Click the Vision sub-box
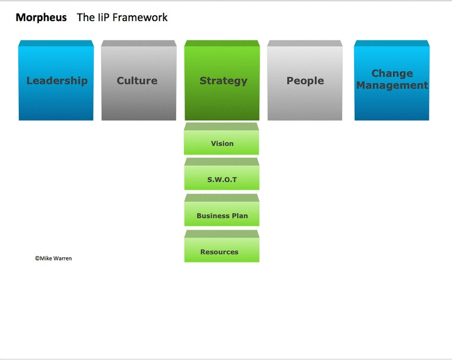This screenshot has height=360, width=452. (x=222, y=143)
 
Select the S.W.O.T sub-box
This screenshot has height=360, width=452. (x=222, y=179)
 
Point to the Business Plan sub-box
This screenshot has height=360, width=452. (x=222, y=215)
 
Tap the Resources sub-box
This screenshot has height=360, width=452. (x=222, y=251)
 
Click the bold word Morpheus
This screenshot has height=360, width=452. (x=41, y=17)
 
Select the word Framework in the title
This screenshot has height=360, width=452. (x=141, y=17)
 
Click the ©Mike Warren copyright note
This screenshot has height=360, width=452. (x=53, y=258)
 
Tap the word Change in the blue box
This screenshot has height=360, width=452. (x=392, y=74)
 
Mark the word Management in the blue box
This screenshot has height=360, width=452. (x=392, y=86)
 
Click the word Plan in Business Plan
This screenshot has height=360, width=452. (x=239, y=216)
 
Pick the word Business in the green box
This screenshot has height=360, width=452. (x=213, y=216)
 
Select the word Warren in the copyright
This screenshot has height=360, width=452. (x=62, y=258)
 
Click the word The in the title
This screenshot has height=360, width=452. (x=86, y=17)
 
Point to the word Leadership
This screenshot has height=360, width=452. (x=56, y=81)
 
